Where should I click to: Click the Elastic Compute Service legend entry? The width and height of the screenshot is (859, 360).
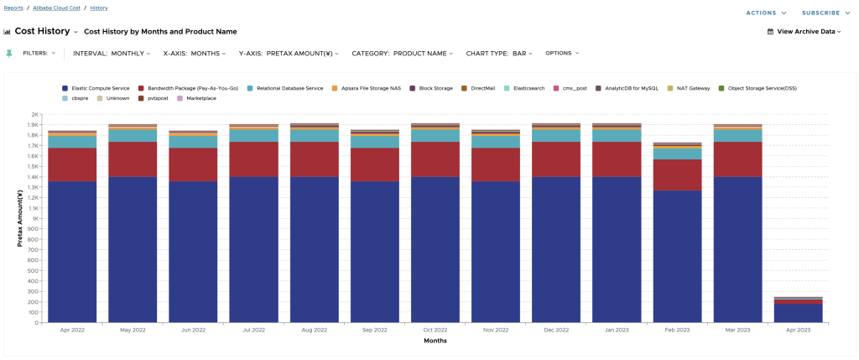point(100,87)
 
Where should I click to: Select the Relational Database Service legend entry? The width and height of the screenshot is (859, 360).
point(289,87)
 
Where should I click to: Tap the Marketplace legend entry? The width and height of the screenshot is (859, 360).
point(200,98)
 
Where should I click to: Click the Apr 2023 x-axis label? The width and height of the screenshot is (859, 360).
point(799,331)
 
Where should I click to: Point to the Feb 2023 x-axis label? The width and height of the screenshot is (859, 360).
point(677,331)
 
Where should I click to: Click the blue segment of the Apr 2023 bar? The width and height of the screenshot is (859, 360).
point(799,313)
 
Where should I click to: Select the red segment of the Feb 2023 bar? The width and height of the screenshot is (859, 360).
point(677,175)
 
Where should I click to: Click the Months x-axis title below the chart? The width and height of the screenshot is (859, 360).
point(434,341)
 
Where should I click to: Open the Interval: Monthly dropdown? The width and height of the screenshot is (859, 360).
point(112,53)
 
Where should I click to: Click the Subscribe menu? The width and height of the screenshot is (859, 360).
point(825,13)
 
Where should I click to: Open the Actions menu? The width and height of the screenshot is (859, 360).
point(766,13)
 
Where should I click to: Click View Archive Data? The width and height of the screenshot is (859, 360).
point(804,32)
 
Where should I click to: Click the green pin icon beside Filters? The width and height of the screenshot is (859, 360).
point(9,53)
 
